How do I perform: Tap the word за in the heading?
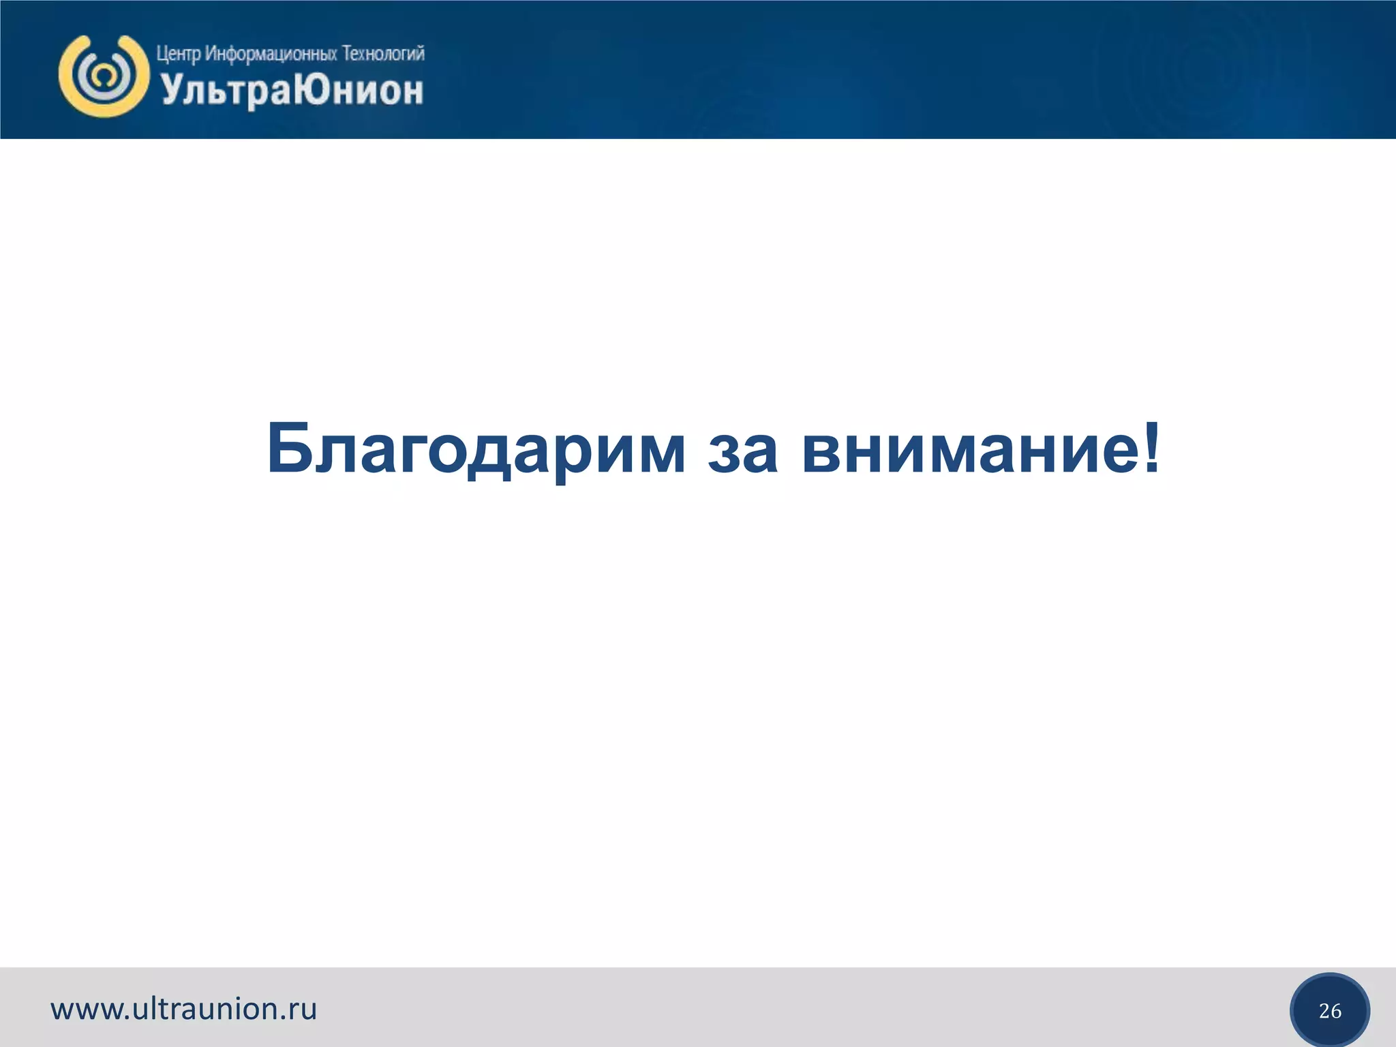point(742,453)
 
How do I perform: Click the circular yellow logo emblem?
point(104,76)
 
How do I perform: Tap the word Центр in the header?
point(178,54)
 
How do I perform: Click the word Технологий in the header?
point(383,53)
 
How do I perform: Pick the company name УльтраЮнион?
point(292,91)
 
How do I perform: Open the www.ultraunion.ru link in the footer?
point(184,1009)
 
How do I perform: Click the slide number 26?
point(1330,1011)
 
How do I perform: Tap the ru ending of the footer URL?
point(304,1010)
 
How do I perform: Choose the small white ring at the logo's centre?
point(104,74)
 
